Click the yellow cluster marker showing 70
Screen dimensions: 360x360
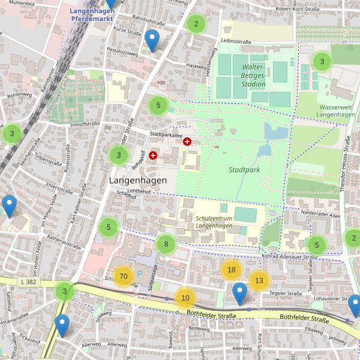pos(124,277)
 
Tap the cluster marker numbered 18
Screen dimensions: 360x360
pos(231,270)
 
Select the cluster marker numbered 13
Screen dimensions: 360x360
pos(259,280)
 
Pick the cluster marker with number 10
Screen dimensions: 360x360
pos(185,298)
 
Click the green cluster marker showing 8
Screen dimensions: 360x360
pos(166,245)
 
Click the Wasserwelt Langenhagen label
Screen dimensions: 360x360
pos(335,110)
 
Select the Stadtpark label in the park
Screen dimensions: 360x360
pos(244,170)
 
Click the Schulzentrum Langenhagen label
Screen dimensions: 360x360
pos(214,222)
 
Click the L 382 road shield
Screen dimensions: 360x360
pos(28,281)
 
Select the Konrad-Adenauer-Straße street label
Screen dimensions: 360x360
pos(289,257)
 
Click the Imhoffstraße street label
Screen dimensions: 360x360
pos(85,124)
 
